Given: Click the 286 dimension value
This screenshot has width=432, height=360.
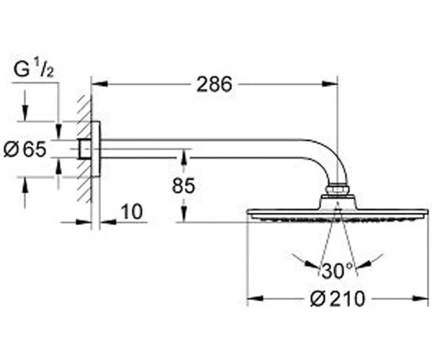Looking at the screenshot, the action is pos(215,84).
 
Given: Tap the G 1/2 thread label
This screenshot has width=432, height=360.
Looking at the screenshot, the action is pos(34,69).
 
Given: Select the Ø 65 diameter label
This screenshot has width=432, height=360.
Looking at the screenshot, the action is pos(25,150).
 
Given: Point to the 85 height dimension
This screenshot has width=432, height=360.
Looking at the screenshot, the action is pos(184,185).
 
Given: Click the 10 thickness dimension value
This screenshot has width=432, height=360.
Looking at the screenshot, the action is pos(132,212).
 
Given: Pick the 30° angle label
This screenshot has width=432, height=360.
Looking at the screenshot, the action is pos(337,271).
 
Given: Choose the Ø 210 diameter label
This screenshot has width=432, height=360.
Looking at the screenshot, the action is pos(338,299).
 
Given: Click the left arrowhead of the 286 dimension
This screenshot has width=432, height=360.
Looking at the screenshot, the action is pos(99,84).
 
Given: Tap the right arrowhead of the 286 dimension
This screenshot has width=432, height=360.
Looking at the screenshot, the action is pos(330,84).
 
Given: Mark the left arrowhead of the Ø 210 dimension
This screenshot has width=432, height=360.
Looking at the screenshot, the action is pos(256,298).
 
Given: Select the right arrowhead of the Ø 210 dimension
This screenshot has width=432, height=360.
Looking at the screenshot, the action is pos(420,298).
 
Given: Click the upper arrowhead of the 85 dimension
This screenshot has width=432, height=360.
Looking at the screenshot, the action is pos(184,158).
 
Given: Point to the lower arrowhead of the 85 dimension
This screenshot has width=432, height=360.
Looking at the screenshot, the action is pos(184,214).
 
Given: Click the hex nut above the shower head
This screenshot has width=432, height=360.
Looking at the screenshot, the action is pos(338,189).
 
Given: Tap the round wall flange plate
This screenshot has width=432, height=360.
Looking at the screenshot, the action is pos(96,149).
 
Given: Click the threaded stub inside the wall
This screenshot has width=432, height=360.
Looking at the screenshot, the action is pos(84,149).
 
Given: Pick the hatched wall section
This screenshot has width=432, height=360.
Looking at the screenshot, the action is pos(84,149).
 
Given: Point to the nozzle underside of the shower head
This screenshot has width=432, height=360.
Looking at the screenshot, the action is pos(338,218).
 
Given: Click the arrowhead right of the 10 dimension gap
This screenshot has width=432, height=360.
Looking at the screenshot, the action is pos(108,222).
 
